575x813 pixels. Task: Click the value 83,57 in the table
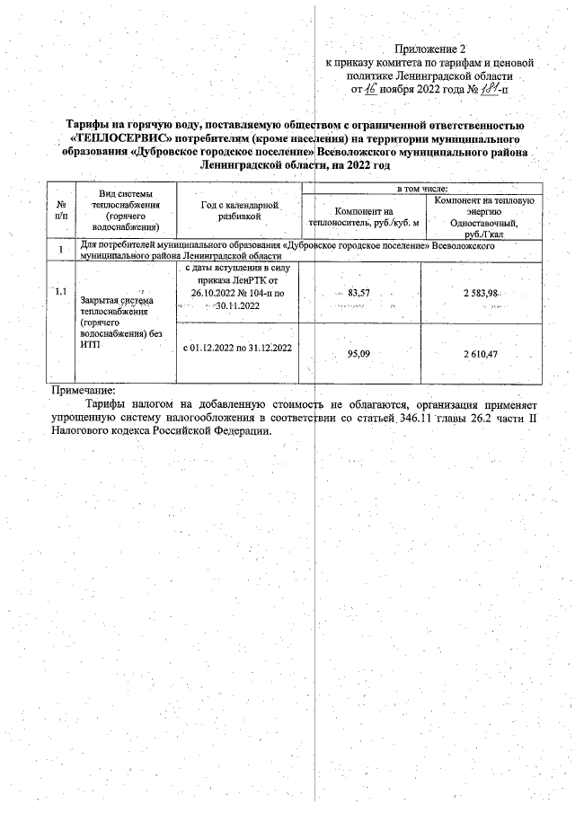click(x=358, y=294)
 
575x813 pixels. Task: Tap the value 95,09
click(x=358, y=354)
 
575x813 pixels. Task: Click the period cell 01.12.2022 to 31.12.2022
click(x=237, y=348)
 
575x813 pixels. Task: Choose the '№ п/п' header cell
click(x=60, y=211)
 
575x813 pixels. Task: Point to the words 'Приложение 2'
click(x=431, y=48)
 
